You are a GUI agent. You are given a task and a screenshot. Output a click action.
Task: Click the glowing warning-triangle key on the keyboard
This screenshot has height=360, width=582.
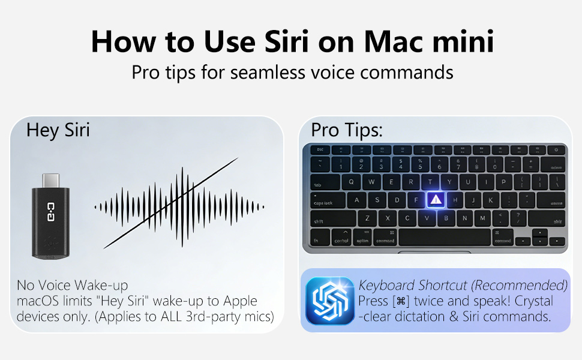pos(435,200)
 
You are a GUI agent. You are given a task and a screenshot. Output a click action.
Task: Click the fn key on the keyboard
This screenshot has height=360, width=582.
pos(316,240)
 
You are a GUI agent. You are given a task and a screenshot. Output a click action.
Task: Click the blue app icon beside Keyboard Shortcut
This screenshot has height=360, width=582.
pos(329,301)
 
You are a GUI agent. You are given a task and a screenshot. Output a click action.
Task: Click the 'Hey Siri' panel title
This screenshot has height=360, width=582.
pos(58,130)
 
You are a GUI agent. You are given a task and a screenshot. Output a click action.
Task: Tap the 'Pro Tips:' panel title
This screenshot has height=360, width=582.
pos(347,130)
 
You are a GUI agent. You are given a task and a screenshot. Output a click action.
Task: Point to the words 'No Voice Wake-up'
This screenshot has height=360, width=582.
pos(73,285)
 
